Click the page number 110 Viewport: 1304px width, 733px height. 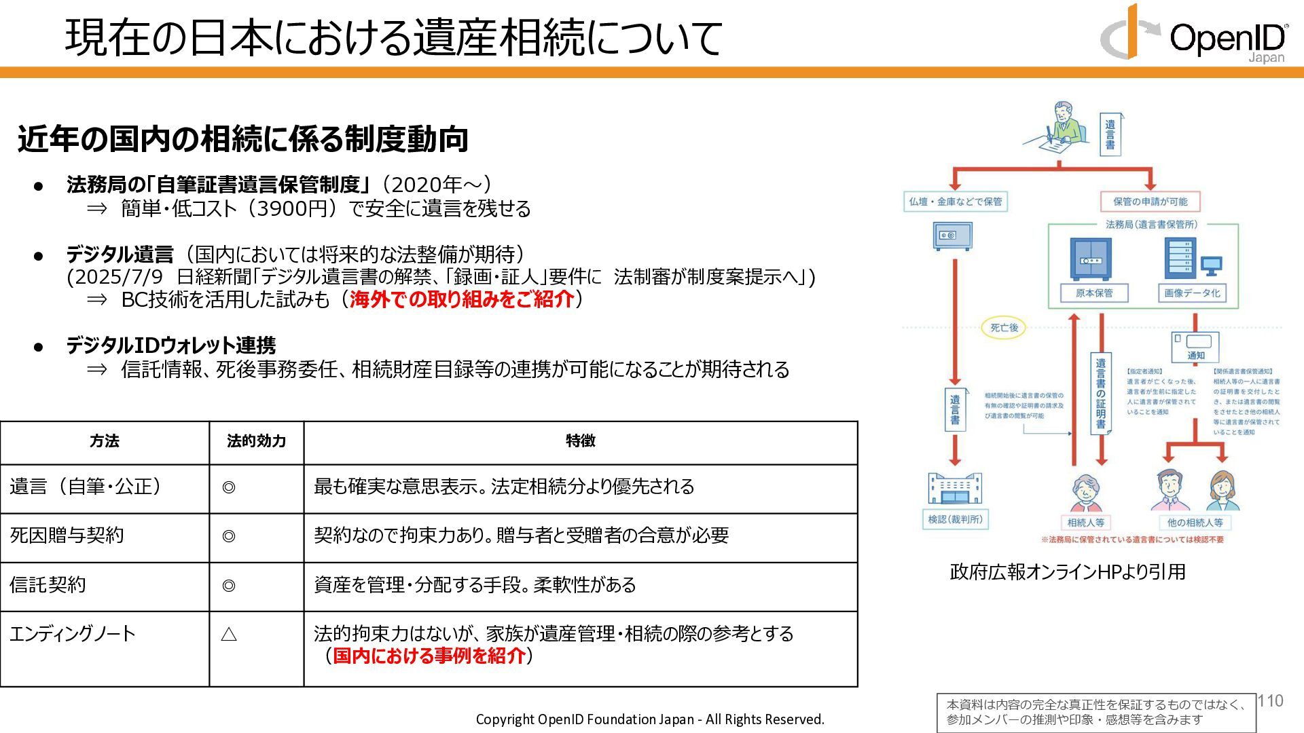pyautogui.click(x=1270, y=701)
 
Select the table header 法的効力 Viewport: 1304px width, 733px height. pyautogui.click(x=256, y=441)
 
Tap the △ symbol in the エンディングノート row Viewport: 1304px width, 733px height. pyautogui.click(x=229, y=635)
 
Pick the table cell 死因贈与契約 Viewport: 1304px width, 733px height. pyautogui.click(x=67, y=535)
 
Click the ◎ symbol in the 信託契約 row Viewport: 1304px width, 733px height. pyautogui.click(x=229, y=585)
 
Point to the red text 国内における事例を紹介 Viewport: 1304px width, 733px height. pyautogui.click(x=429, y=656)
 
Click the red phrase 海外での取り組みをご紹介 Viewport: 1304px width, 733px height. pyautogui.click(x=462, y=299)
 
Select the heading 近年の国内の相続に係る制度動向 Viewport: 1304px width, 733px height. pyautogui.click(x=242, y=138)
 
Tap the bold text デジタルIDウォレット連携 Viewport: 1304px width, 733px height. pyautogui.click(x=170, y=345)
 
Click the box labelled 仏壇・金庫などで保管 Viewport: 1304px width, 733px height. pyautogui.click(x=955, y=202)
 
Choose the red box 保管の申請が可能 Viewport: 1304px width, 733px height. pyautogui.click(x=1150, y=202)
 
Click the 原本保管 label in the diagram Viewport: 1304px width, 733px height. pyautogui.click(x=1093, y=293)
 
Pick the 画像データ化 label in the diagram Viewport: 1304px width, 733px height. pyautogui.click(x=1192, y=293)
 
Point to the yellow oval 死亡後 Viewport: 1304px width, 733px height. pyautogui.click(x=1004, y=328)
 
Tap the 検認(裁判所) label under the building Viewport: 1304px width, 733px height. pyautogui.click(x=955, y=519)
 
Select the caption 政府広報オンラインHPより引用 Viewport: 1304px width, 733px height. pyautogui.click(x=1067, y=572)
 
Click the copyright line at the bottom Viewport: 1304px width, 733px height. pyautogui.click(x=649, y=719)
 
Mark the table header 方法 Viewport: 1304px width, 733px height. pyautogui.click(x=105, y=441)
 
